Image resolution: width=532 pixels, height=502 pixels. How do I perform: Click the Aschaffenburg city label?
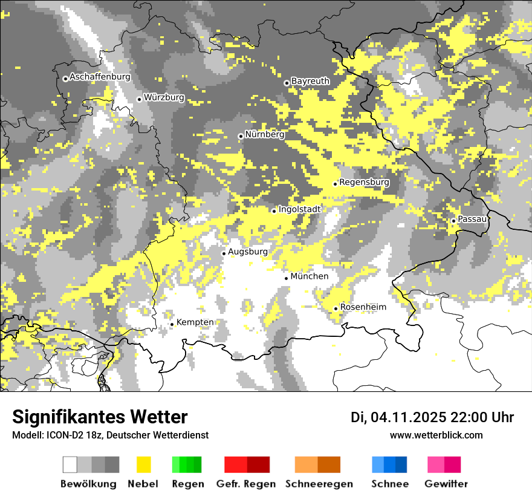pyautogui.click(x=100, y=77)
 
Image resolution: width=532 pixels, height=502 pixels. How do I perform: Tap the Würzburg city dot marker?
pyautogui.click(x=139, y=99)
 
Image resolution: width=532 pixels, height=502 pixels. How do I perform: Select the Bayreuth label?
pyautogui.click(x=310, y=81)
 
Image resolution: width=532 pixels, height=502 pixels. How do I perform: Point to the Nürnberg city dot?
pyautogui.click(x=241, y=136)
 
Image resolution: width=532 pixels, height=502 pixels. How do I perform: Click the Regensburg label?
pyautogui.click(x=364, y=182)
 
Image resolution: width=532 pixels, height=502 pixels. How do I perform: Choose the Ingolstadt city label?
pyautogui.click(x=299, y=209)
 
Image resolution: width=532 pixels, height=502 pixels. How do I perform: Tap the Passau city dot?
pyautogui.click(x=453, y=221)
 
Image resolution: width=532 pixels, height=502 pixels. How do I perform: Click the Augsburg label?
pyautogui.click(x=247, y=252)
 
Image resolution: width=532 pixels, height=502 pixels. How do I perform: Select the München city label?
pyautogui.click(x=309, y=276)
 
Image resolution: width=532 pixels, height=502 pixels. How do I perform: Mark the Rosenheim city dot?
pyautogui.click(x=336, y=308)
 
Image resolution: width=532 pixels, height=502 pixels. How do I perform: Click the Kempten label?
pyautogui.click(x=195, y=322)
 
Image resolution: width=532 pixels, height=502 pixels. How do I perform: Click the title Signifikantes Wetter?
pyautogui.click(x=100, y=417)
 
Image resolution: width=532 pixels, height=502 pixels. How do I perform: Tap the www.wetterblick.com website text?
pyautogui.click(x=436, y=435)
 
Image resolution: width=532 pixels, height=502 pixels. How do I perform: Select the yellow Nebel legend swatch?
pyautogui.click(x=143, y=465)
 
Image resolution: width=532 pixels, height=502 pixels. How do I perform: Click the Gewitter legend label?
pyautogui.click(x=446, y=484)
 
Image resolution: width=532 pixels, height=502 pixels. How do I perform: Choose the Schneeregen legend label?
pyautogui.click(x=319, y=484)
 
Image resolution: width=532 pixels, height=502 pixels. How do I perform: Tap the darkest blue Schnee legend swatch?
pyautogui.click(x=401, y=465)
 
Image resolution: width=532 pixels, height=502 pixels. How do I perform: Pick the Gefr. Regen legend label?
pyautogui.click(x=245, y=484)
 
